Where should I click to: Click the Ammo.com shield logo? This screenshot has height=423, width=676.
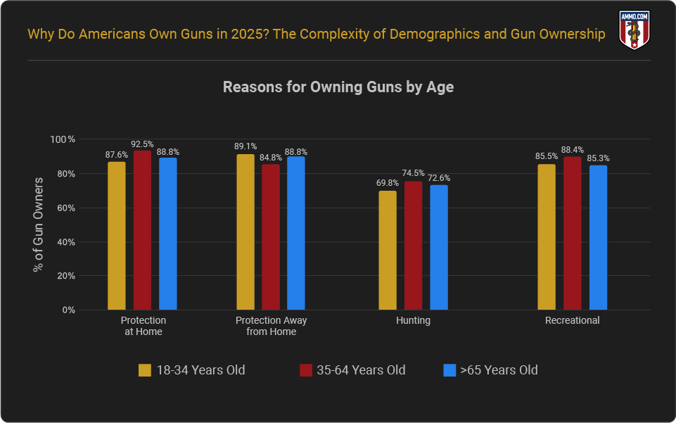(x=633, y=30)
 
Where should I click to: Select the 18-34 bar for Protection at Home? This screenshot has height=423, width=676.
(x=117, y=236)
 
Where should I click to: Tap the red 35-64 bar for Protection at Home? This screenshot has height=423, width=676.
(x=142, y=230)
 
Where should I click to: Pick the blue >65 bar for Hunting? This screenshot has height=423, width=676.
(x=439, y=247)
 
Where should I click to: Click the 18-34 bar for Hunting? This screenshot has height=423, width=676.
(x=388, y=250)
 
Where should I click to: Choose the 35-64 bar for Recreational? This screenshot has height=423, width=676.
(x=573, y=233)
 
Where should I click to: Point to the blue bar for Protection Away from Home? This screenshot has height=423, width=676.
(x=296, y=233)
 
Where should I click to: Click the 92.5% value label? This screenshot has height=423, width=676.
(x=142, y=144)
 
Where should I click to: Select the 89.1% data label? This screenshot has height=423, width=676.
(x=245, y=146)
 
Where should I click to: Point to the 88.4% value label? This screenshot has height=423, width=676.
(x=573, y=150)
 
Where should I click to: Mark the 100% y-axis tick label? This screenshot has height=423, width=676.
(x=62, y=139)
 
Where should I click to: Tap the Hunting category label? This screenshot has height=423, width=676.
(x=413, y=320)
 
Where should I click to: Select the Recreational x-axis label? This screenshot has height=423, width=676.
(x=573, y=320)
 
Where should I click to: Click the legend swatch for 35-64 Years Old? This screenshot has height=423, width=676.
(x=306, y=370)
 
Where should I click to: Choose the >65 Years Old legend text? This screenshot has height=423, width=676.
(x=499, y=370)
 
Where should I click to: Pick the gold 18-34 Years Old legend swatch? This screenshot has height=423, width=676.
(x=145, y=370)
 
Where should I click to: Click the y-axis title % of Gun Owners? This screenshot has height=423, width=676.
(x=39, y=225)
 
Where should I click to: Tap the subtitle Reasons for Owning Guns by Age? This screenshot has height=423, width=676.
(x=338, y=87)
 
